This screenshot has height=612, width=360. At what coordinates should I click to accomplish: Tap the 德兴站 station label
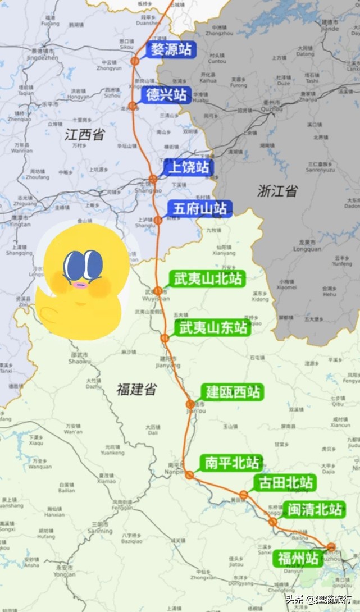(166, 95)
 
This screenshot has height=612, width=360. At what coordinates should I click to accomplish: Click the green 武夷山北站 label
(208, 278)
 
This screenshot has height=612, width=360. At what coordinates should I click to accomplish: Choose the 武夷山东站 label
(212, 327)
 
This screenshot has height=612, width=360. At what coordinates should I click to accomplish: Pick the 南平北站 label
(232, 463)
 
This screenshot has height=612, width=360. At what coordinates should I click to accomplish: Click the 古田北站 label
(285, 482)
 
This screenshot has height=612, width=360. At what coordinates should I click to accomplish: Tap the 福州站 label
(298, 558)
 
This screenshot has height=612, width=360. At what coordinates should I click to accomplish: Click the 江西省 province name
(84, 135)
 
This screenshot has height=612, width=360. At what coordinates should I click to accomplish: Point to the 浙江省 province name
(277, 191)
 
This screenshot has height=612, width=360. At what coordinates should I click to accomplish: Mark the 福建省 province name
(136, 389)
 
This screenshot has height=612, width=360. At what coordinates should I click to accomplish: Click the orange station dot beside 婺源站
(135, 61)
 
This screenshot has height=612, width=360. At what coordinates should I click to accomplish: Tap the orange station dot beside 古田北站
(244, 495)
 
